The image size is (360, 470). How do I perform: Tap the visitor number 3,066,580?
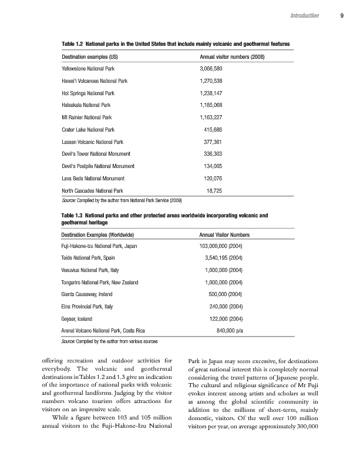211,69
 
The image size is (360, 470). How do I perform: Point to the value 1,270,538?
211,81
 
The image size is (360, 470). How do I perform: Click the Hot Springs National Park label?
88,93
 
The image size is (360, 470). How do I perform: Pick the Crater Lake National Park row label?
88,129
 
